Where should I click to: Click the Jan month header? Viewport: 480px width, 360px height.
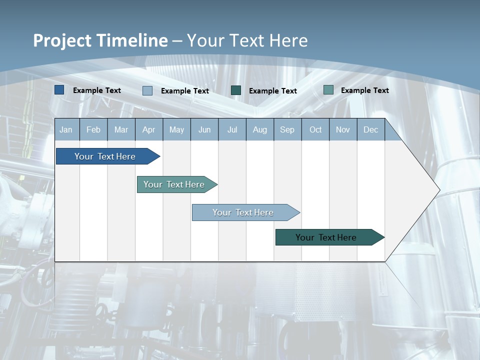coord(66,129)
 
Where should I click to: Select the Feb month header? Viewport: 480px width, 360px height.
coord(93,129)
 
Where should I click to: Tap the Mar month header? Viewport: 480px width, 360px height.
coord(121,129)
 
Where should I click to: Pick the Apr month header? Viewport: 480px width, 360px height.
coord(148,129)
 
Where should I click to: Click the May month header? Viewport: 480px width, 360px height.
coord(176,129)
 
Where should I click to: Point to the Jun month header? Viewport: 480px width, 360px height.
coord(204,129)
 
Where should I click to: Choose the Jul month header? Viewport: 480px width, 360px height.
coord(232,129)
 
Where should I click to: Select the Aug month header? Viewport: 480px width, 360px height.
coord(260,129)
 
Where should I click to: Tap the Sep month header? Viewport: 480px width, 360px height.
coord(287,129)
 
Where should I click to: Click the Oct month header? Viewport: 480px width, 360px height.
coord(315,129)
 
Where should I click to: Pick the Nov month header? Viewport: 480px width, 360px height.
coord(343,129)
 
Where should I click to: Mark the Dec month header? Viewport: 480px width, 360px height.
coord(371,129)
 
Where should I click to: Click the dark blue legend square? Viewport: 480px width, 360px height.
coord(59,90)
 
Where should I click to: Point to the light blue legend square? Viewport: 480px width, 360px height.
coord(147,90)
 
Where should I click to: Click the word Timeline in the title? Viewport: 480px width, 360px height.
coord(132,40)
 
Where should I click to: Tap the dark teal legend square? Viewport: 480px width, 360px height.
coord(236,90)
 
